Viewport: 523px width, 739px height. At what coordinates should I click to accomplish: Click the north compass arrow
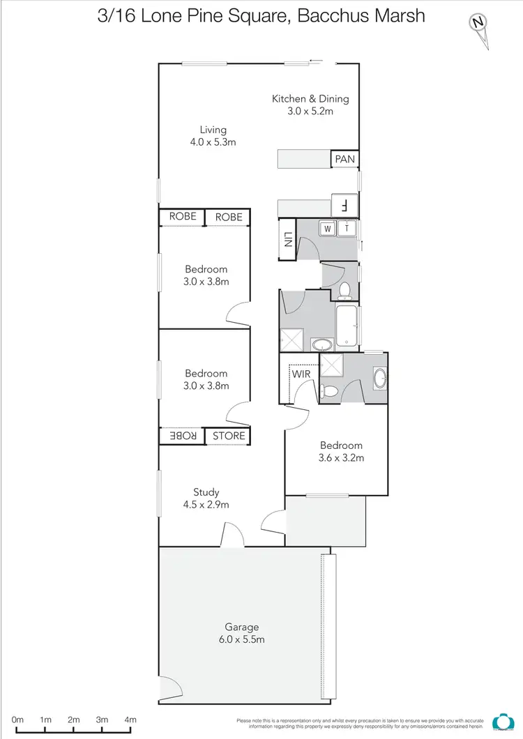click(x=479, y=24)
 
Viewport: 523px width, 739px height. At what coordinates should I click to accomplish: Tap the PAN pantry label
click(x=344, y=160)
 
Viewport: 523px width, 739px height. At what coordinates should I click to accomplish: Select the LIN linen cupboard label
click(x=287, y=241)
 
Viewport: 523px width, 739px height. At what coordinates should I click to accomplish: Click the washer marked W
click(x=327, y=227)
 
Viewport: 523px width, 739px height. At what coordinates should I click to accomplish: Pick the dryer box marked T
click(x=347, y=227)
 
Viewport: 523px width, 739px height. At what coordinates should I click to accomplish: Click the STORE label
click(x=229, y=436)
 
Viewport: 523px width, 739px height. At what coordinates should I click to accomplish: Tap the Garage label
click(x=242, y=627)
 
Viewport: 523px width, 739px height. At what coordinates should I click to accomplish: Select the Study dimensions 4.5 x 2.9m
click(x=206, y=505)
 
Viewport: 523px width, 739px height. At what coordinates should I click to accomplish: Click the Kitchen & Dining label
click(x=310, y=99)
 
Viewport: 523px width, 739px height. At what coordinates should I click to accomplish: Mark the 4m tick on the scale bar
click(x=130, y=719)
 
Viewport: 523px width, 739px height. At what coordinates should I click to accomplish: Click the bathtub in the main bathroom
click(x=347, y=326)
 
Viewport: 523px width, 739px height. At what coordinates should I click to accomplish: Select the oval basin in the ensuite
click(x=379, y=379)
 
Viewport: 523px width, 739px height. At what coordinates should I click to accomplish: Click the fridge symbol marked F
click(x=344, y=206)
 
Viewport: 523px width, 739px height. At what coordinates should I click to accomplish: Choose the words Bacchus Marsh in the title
click(x=361, y=15)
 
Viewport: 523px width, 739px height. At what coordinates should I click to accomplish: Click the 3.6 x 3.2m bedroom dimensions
click(x=342, y=459)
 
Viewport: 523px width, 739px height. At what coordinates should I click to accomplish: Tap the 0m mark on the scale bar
click(x=17, y=719)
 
